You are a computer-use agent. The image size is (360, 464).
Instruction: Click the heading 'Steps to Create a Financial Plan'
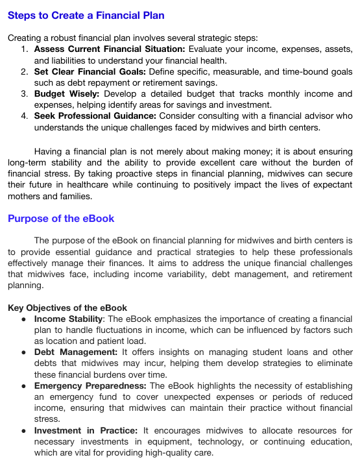[86, 16]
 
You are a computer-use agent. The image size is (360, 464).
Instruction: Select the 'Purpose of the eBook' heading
[61, 218]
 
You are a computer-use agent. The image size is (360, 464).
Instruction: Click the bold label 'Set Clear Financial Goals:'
[90, 72]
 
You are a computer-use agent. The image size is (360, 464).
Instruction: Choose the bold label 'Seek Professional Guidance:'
[95, 116]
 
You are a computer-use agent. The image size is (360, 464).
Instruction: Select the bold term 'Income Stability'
[68, 319]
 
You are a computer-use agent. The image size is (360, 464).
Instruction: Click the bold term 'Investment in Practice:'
[86, 430]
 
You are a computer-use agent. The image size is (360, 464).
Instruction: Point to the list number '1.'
[24, 49]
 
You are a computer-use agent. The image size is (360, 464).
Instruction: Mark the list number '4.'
[24, 116]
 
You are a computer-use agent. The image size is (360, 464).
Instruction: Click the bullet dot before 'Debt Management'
[23, 352]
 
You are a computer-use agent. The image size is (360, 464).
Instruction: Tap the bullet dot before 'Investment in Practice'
[23, 430]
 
